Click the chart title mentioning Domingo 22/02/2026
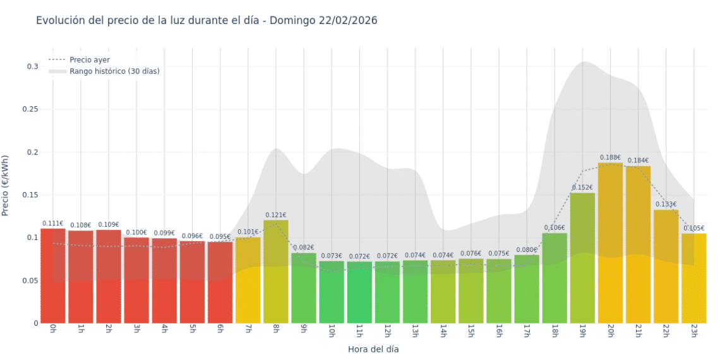(207, 21)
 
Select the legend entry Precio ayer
(90, 59)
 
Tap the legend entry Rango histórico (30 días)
(114, 71)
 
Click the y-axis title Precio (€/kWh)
(6, 185)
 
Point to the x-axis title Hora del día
(373, 349)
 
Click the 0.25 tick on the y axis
(31, 109)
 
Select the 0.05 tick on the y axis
(31, 280)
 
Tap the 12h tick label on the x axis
(387, 330)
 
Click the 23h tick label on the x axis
(693, 330)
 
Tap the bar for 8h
(276, 272)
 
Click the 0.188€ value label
(610, 157)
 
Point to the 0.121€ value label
(276, 215)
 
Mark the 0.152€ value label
(582, 188)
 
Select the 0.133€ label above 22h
(666, 204)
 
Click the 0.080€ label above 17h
(526, 249)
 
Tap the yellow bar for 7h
(248, 280)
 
